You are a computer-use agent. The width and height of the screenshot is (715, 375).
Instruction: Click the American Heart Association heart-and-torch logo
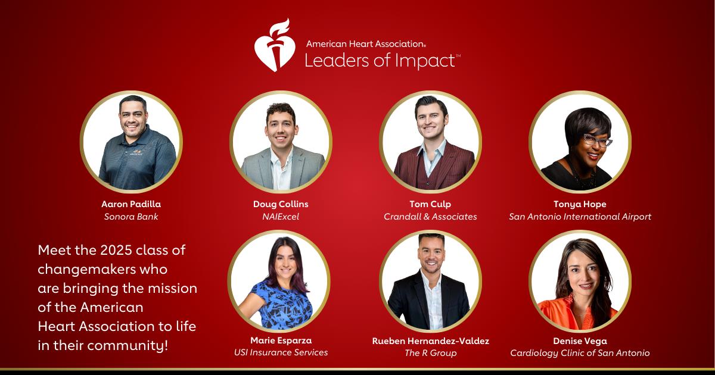tap(275, 45)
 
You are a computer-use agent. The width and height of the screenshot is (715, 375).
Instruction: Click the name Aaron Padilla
tap(131, 204)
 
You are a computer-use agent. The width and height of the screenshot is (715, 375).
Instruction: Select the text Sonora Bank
tap(131, 217)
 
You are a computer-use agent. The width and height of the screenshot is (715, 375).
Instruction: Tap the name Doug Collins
tap(281, 204)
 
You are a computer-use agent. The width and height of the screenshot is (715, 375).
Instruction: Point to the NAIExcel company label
tap(281, 217)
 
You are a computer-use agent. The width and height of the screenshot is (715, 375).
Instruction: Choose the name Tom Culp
tap(430, 204)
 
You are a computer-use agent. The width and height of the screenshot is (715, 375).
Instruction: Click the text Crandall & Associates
tap(430, 217)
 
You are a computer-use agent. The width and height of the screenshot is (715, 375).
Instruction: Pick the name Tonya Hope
tap(580, 204)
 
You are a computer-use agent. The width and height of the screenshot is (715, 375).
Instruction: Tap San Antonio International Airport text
tap(580, 217)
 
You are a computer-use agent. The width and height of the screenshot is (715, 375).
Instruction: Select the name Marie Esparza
tap(281, 340)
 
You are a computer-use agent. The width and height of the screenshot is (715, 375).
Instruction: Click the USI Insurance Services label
tap(281, 352)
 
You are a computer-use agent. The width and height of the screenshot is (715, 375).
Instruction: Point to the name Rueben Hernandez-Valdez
tap(431, 341)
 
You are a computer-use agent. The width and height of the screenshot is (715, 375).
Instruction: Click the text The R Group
tap(431, 353)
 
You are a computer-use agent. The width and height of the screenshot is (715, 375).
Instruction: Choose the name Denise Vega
tap(580, 341)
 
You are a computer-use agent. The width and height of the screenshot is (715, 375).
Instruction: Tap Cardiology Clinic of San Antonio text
tap(580, 353)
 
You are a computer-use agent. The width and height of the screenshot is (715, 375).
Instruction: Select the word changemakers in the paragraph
tap(87, 270)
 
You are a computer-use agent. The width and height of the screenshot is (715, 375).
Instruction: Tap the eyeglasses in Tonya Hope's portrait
tap(596, 140)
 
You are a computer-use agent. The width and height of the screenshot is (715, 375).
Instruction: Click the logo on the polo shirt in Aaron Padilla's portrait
tap(136, 152)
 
